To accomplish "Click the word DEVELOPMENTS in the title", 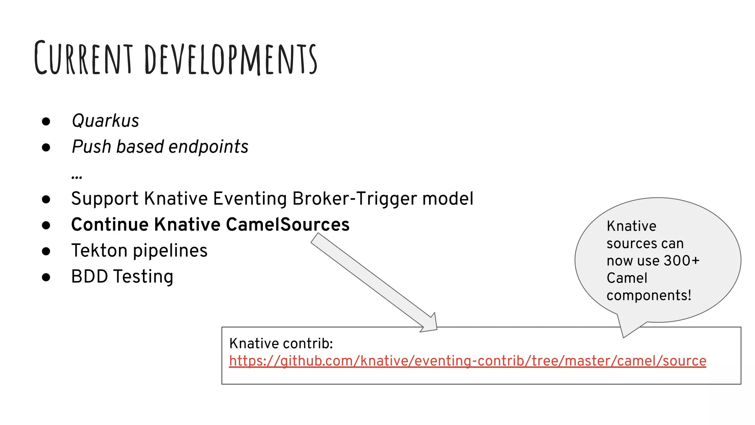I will coord(231,59).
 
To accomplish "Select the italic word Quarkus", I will coord(105,121).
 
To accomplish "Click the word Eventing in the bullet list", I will coord(250,199).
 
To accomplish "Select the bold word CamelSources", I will coord(288,225).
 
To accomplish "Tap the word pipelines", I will coord(170,251).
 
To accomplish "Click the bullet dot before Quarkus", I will coord(46,121).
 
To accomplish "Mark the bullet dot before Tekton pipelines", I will coord(46,251).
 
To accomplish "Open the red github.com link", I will coord(467,361).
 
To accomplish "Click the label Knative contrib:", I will coord(281,343).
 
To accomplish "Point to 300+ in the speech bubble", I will coord(681,261).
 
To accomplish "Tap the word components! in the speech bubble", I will coord(649,296).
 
